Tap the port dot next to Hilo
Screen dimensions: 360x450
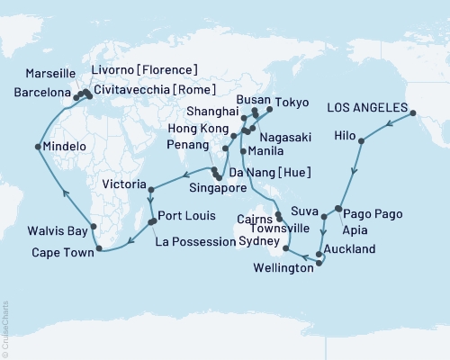tap(362, 141)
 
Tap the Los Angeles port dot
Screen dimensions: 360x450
tap(415, 112)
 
